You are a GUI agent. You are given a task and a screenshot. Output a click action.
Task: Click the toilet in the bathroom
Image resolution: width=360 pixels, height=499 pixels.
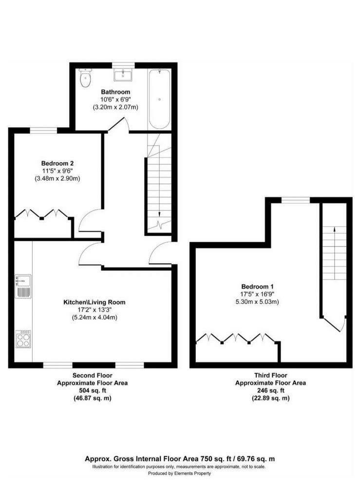point(85,77)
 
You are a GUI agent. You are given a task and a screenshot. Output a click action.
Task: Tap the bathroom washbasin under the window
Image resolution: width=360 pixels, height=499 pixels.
point(123,76)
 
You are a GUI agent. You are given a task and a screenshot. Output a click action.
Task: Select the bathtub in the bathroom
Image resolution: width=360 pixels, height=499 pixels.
point(159,99)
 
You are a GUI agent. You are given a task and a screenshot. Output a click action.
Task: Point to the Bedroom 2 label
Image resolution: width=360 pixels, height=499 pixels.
point(57,163)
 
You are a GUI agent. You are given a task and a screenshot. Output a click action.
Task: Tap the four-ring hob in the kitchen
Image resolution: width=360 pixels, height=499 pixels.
point(23,339)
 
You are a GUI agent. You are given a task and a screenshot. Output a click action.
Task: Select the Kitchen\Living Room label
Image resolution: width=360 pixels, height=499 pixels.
point(95,302)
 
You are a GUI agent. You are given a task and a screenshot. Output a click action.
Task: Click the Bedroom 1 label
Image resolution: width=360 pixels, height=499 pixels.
point(257,287)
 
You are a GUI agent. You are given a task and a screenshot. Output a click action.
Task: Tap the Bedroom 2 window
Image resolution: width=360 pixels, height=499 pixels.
point(43,130)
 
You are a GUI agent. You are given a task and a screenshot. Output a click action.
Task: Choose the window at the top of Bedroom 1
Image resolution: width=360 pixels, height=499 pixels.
point(295,200)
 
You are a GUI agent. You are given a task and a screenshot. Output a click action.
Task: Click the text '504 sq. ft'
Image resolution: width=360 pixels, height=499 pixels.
point(92,390)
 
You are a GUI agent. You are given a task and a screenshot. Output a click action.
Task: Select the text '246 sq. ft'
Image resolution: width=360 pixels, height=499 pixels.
point(270,390)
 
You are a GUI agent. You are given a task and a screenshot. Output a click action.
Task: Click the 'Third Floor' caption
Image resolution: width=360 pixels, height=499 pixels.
point(271,376)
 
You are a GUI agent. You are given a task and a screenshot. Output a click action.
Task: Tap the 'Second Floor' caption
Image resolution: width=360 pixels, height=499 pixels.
point(92,376)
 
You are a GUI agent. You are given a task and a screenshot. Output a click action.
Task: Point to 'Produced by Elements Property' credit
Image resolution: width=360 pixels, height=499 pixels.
point(179,473)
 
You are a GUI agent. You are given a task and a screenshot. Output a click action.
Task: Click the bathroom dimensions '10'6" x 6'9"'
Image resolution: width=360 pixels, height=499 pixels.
point(115,99)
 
